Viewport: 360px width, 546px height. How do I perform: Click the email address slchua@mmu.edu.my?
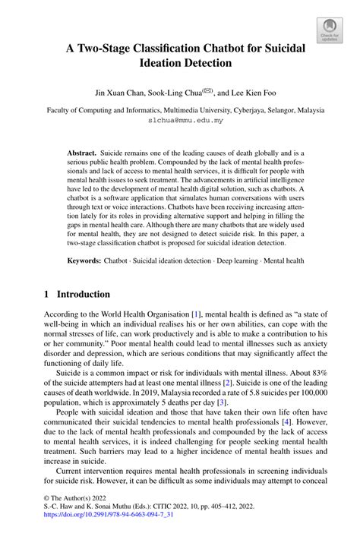click(x=179, y=120)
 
